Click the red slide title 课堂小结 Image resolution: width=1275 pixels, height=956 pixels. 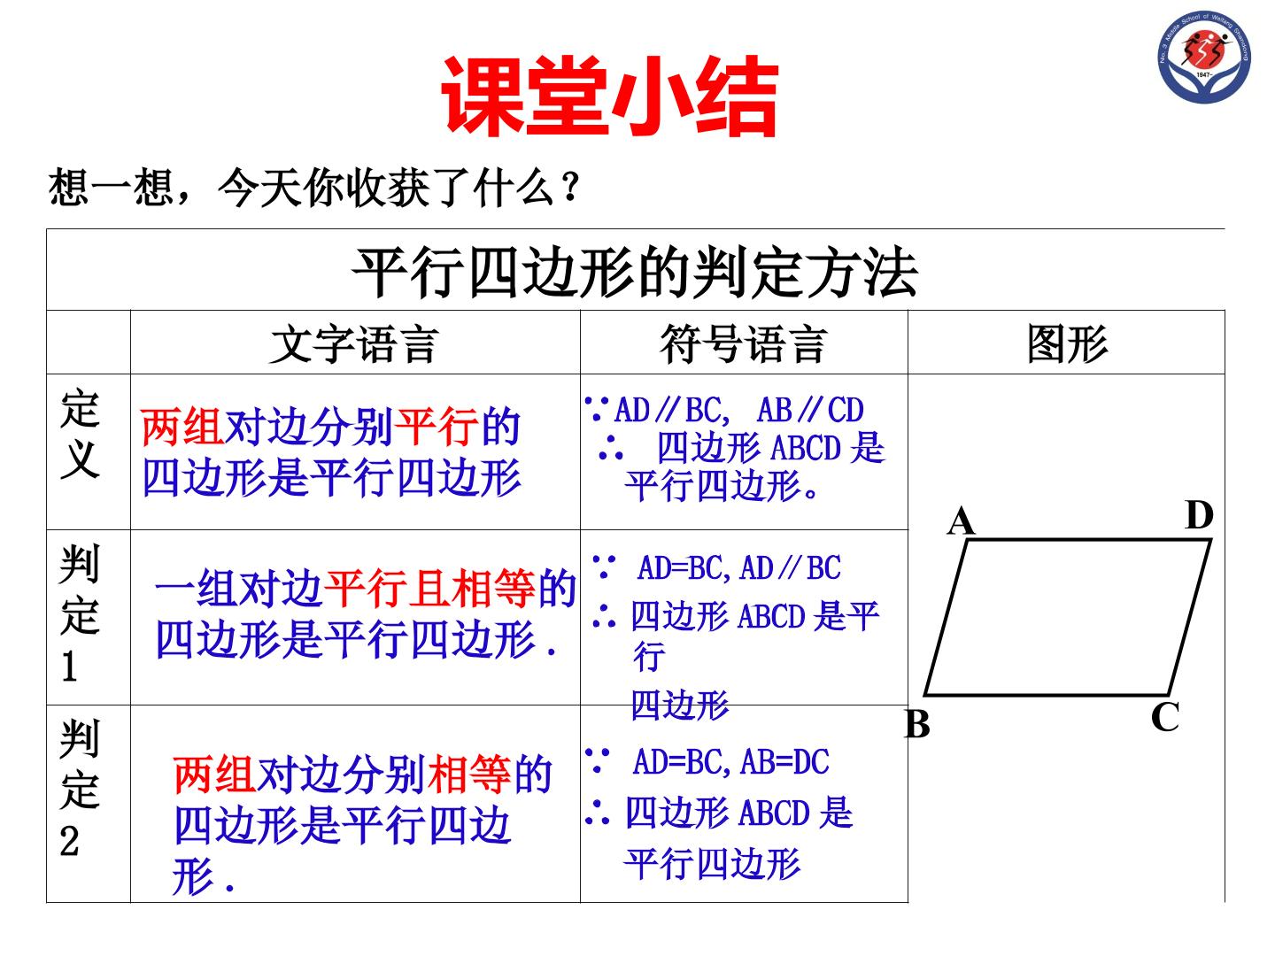click(609, 96)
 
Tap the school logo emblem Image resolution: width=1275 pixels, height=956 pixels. click(1204, 57)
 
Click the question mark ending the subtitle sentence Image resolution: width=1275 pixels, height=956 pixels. click(571, 187)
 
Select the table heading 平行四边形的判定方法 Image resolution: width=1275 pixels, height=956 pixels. click(635, 272)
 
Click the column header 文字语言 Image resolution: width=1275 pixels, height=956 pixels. click(354, 344)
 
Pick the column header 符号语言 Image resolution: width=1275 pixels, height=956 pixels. click(743, 343)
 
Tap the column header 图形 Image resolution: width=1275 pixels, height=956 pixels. click(1067, 343)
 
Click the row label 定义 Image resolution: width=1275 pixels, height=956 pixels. click(81, 434)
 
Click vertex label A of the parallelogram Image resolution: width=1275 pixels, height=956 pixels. click(960, 520)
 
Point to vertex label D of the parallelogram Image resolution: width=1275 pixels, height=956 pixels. click(1199, 514)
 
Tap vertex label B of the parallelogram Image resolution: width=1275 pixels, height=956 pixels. click(918, 724)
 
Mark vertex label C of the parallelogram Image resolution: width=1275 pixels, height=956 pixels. click(1164, 717)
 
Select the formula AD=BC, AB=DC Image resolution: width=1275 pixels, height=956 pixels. click(731, 762)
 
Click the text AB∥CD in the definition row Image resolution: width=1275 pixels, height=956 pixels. click(810, 410)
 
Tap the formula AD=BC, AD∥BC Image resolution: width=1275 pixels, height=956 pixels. click(738, 567)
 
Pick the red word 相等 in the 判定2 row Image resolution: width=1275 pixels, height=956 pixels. click(469, 775)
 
